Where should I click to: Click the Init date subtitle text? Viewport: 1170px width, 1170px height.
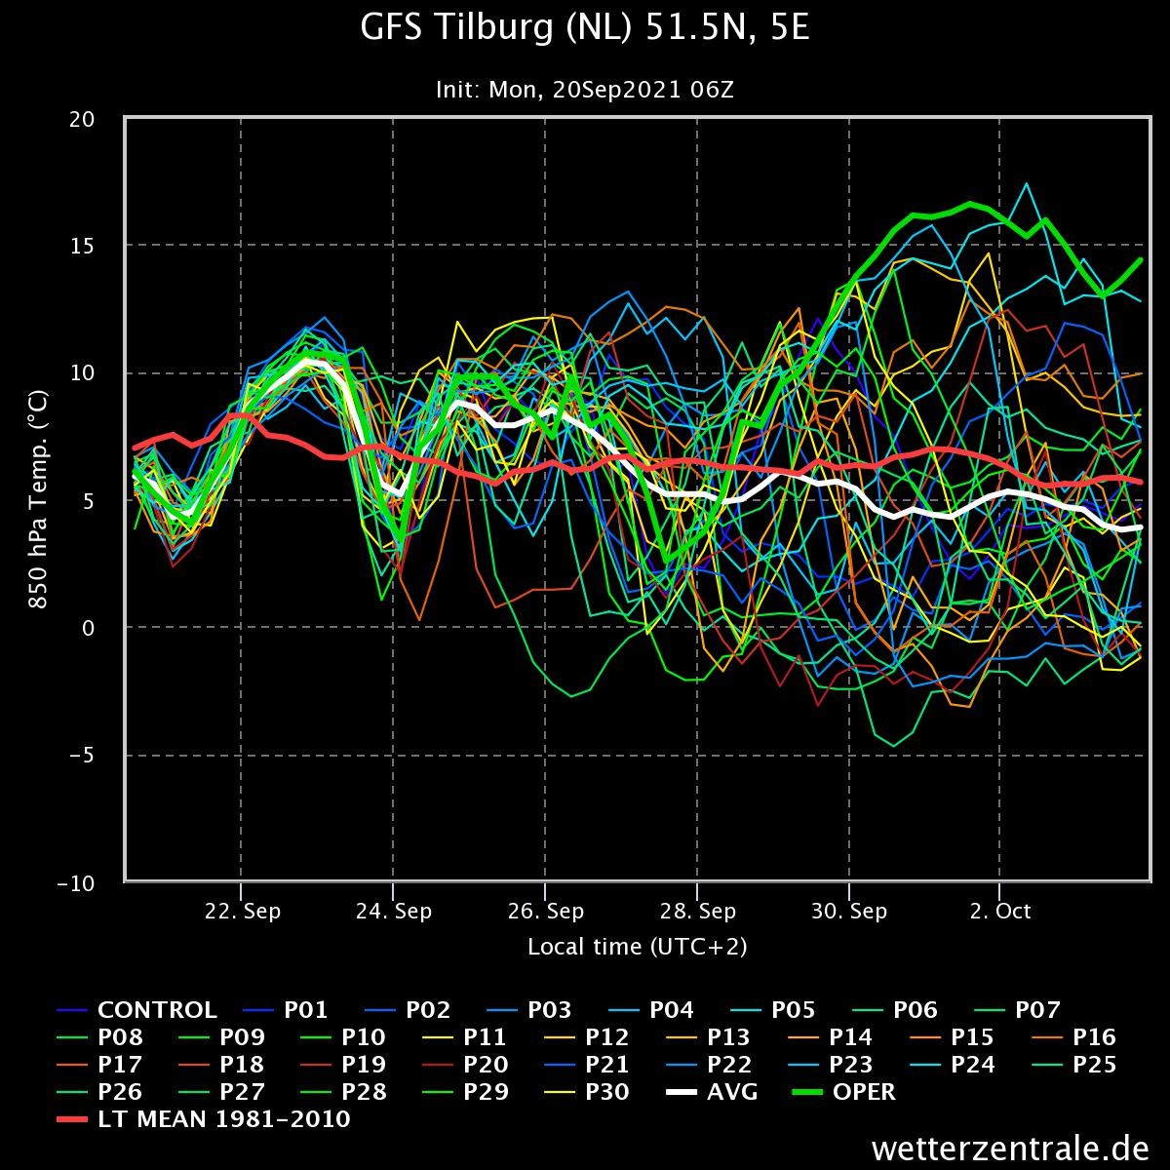(585, 90)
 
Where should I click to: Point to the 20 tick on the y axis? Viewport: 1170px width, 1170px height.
(82, 119)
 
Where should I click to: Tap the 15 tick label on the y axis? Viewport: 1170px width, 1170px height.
(82, 246)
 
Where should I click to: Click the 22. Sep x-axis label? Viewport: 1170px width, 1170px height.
(242, 911)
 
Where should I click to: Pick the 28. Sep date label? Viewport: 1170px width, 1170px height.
(698, 911)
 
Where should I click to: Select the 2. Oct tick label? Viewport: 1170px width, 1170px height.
(1000, 911)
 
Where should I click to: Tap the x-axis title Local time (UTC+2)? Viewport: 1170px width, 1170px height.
(637, 947)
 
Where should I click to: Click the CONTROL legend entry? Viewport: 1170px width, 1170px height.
(137, 1010)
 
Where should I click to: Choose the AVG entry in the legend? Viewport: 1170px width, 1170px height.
(712, 1092)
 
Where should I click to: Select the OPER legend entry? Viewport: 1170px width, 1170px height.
(844, 1092)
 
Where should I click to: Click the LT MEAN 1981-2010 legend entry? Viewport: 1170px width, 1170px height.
(204, 1119)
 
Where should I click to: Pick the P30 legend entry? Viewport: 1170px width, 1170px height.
(586, 1092)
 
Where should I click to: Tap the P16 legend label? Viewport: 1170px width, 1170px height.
(1074, 1037)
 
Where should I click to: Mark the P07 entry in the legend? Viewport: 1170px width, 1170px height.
(1017, 1010)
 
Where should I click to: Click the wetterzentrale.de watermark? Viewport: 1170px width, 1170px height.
(1010, 1149)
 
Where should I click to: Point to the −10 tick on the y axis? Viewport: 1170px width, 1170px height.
(76, 883)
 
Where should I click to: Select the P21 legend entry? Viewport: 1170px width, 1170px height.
(586, 1065)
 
